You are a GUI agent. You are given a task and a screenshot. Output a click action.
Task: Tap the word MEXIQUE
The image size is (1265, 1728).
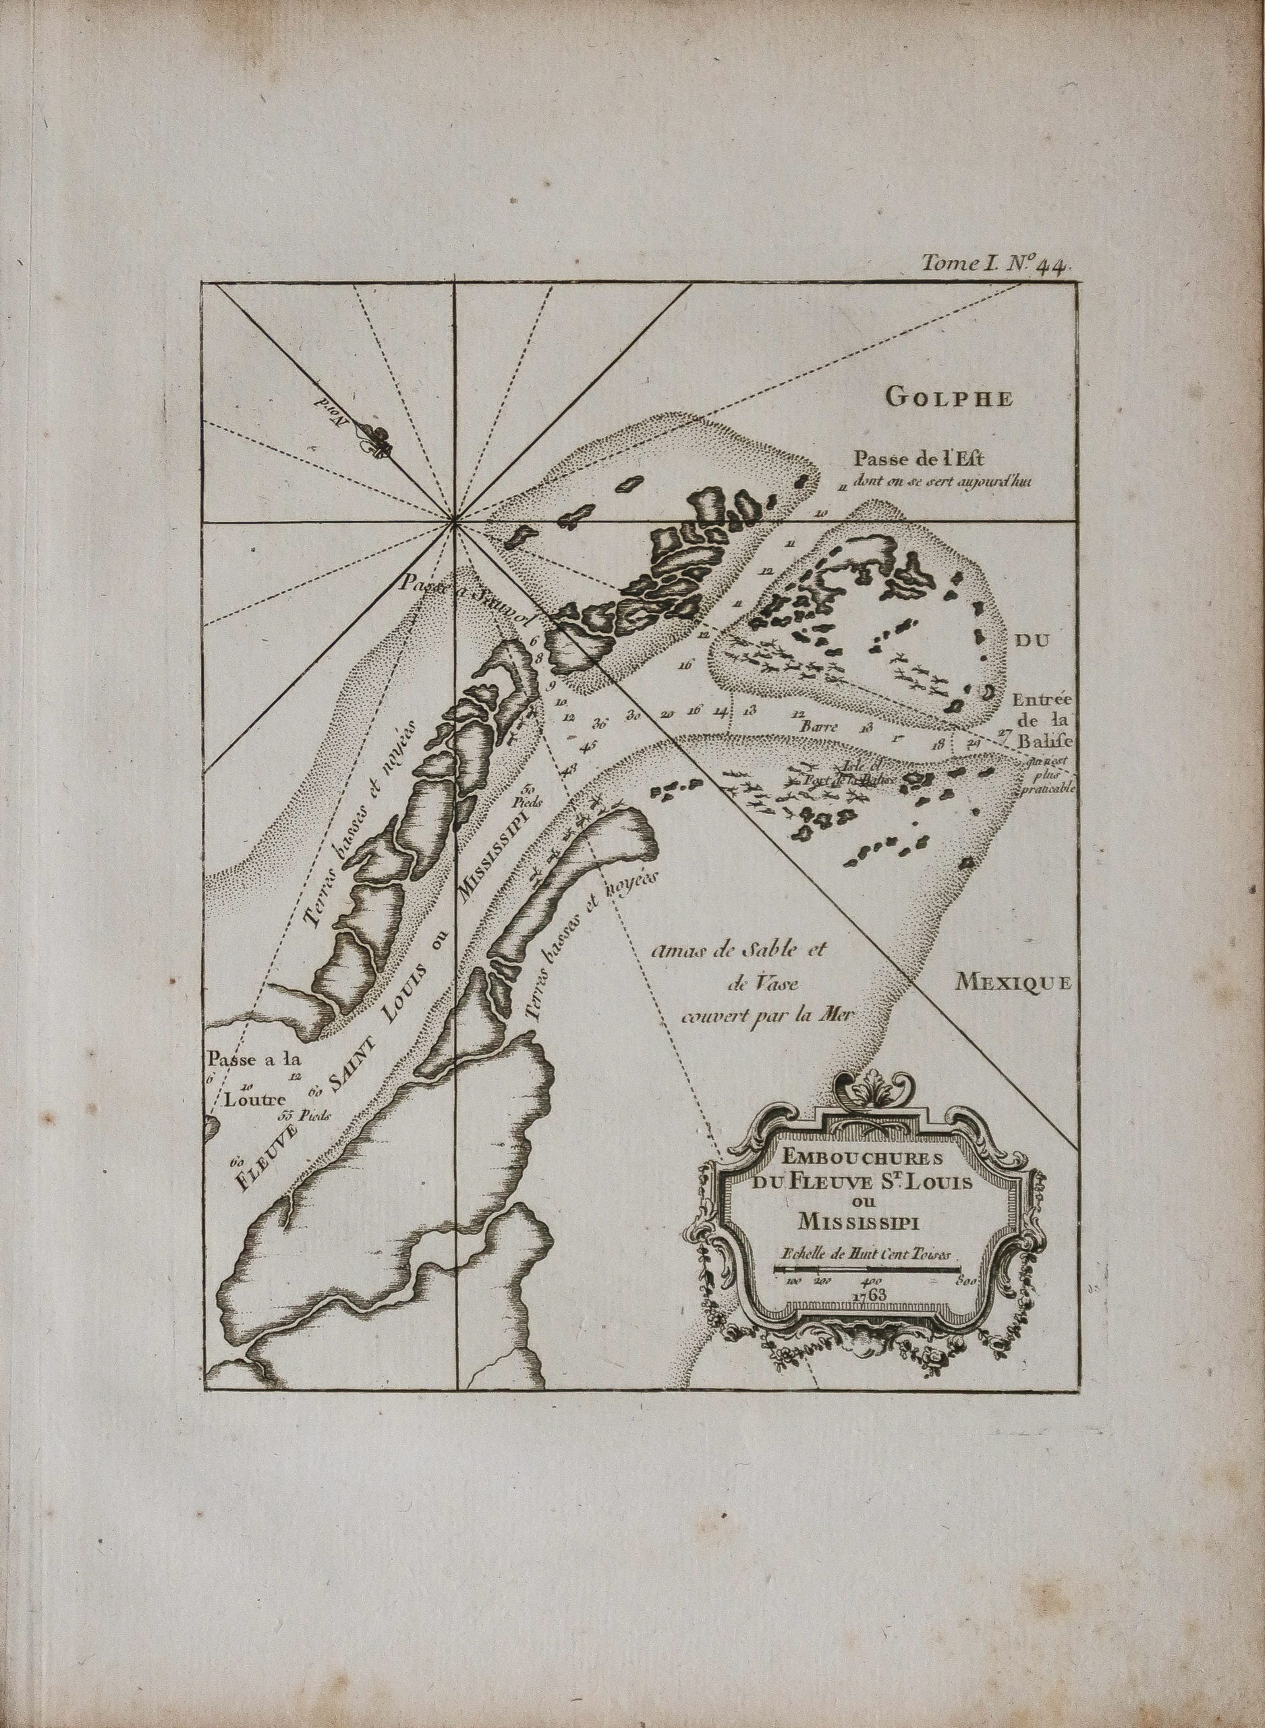pos(1012,983)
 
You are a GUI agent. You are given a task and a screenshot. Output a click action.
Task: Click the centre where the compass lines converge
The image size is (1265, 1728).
pos(455,523)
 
